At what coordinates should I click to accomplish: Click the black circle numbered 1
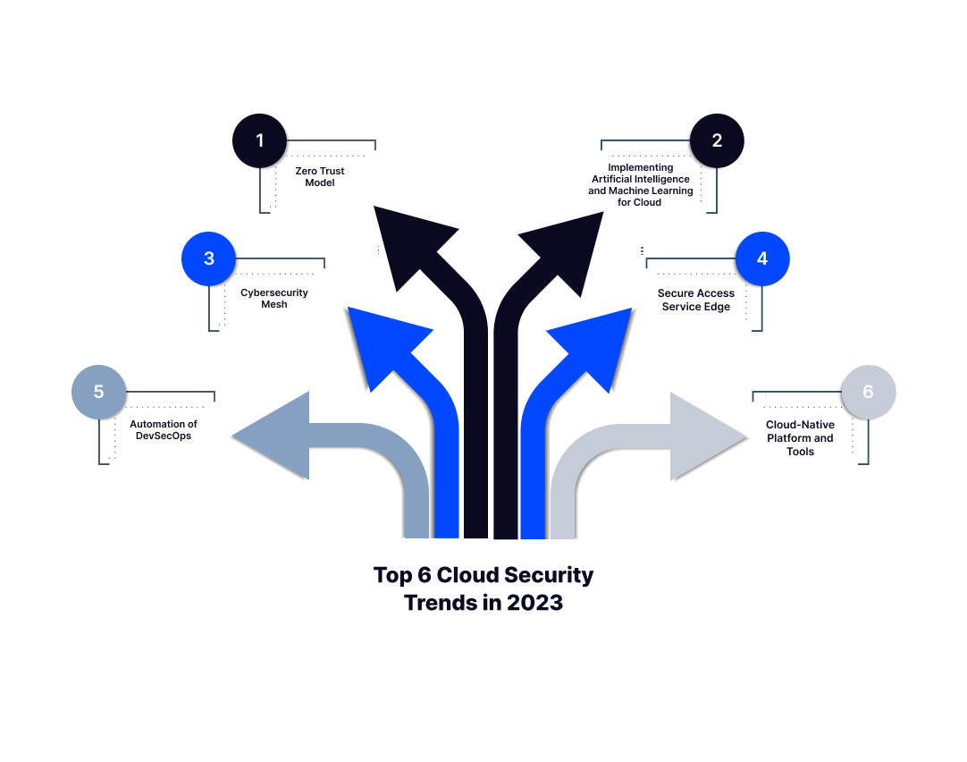click(x=260, y=140)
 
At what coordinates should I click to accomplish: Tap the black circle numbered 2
click(x=717, y=140)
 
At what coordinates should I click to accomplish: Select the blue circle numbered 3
click(x=208, y=258)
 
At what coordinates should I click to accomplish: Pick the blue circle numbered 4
click(x=762, y=258)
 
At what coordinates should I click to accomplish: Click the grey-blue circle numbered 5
click(x=98, y=392)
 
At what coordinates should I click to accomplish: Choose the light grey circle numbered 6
click(x=868, y=392)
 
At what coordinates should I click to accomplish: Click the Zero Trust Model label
click(x=319, y=176)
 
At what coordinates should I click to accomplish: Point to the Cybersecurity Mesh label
click(x=274, y=299)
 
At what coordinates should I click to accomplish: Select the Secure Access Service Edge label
click(x=696, y=301)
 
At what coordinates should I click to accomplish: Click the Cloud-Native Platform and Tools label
click(x=800, y=438)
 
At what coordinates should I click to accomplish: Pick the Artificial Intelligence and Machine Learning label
click(x=640, y=185)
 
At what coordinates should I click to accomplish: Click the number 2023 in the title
click(x=534, y=602)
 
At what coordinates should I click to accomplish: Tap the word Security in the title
click(x=549, y=574)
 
